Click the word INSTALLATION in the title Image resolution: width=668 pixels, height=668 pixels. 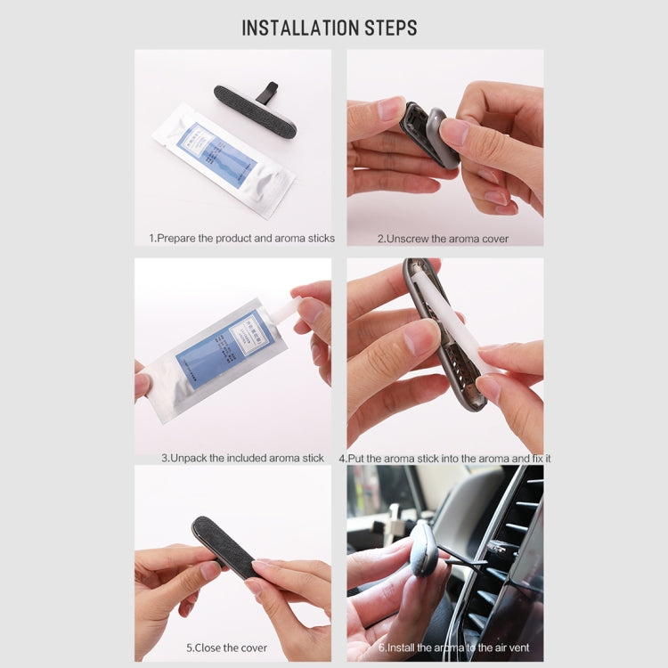(x=296, y=28)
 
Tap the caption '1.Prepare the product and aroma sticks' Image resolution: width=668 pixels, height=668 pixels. (x=241, y=238)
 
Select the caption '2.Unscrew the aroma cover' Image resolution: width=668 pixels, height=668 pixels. (x=443, y=238)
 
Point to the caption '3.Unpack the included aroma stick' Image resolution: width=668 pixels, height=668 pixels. (x=242, y=458)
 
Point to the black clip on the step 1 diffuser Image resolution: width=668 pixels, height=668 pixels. (x=266, y=91)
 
